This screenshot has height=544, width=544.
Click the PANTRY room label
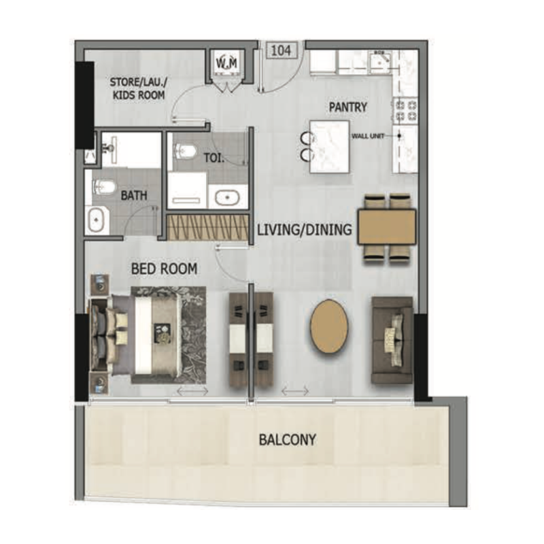coord(347,107)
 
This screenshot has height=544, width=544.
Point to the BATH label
coord(134,195)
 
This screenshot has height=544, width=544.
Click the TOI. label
coord(214,157)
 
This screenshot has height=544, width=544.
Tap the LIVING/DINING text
coord(305,230)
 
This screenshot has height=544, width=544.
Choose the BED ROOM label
coord(164,269)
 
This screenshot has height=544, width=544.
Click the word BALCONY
coord(287,440)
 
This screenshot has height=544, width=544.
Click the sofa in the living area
coord(392,340)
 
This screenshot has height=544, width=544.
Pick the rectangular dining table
coord(387,228)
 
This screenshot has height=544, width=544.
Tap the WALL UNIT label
coord(368,136)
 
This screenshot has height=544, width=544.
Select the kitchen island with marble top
coord(330,147)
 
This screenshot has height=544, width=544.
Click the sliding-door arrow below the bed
coord(192,391)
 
